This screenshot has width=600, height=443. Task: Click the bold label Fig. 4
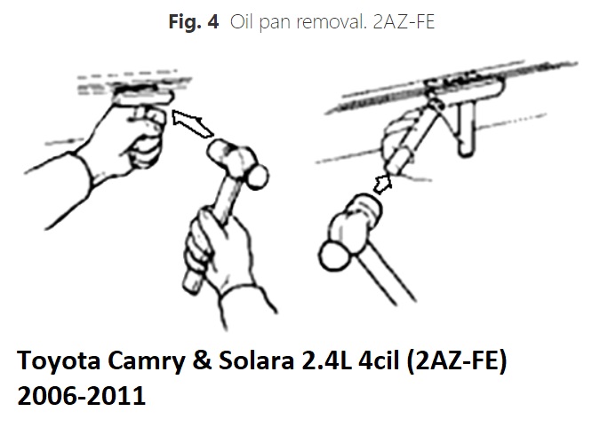[x=194, y=21]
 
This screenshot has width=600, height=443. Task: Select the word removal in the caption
[x=332, y=21]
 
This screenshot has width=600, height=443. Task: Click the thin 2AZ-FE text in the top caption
[x=404, y=21]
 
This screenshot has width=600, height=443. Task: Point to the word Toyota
[x=59, y=360]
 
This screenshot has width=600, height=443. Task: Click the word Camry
[x=146, y=360]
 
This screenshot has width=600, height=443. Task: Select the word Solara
[x=256, y=360]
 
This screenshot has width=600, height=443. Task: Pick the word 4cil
[x=379, y=360]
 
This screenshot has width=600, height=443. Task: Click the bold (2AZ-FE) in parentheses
[x=457, y=361]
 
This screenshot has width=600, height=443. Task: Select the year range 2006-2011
[x=82, y=395]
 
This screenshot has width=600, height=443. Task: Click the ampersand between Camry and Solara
[x=202, y=360]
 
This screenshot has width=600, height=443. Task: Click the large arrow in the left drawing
[x=192, y=123]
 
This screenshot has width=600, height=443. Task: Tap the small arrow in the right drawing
[x=382, y=185]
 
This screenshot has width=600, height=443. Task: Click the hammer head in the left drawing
[x=238, y=162]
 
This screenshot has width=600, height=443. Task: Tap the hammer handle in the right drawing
[x=387, y=273]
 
